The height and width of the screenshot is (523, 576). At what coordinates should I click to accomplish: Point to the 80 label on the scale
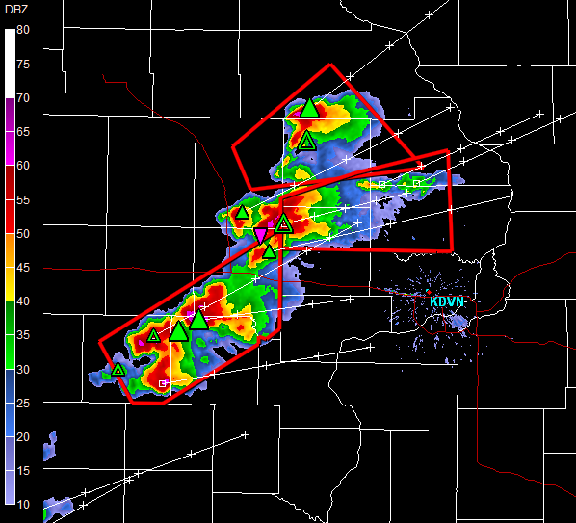point(23,30)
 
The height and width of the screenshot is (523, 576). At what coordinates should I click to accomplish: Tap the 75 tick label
point(23,64)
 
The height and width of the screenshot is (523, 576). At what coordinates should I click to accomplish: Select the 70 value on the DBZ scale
point(23,97)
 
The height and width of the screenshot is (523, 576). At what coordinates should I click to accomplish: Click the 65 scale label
point(23,131)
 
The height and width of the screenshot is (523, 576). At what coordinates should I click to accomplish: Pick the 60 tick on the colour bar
point(23,166)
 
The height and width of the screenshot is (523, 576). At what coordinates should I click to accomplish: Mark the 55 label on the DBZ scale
point(23,199)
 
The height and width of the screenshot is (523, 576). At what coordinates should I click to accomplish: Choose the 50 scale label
point(23,233)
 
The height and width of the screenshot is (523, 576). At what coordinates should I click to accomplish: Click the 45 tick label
point(23,267)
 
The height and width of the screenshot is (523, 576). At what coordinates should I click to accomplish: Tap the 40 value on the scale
point(23,301)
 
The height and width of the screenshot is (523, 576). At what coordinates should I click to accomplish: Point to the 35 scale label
point(23,335)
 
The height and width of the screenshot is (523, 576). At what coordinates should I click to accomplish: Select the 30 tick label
point(23,369)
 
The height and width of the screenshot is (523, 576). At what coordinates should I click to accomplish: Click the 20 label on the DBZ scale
point(23,437)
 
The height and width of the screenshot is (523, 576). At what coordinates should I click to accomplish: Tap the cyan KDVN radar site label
point(448,301)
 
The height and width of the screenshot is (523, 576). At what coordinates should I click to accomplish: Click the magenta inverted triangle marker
point(260,235)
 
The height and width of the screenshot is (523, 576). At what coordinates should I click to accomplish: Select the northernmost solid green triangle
point(309,108)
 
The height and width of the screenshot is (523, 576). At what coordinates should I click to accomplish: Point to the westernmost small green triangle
point(118,369)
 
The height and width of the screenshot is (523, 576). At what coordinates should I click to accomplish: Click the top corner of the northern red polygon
point(329,65)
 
